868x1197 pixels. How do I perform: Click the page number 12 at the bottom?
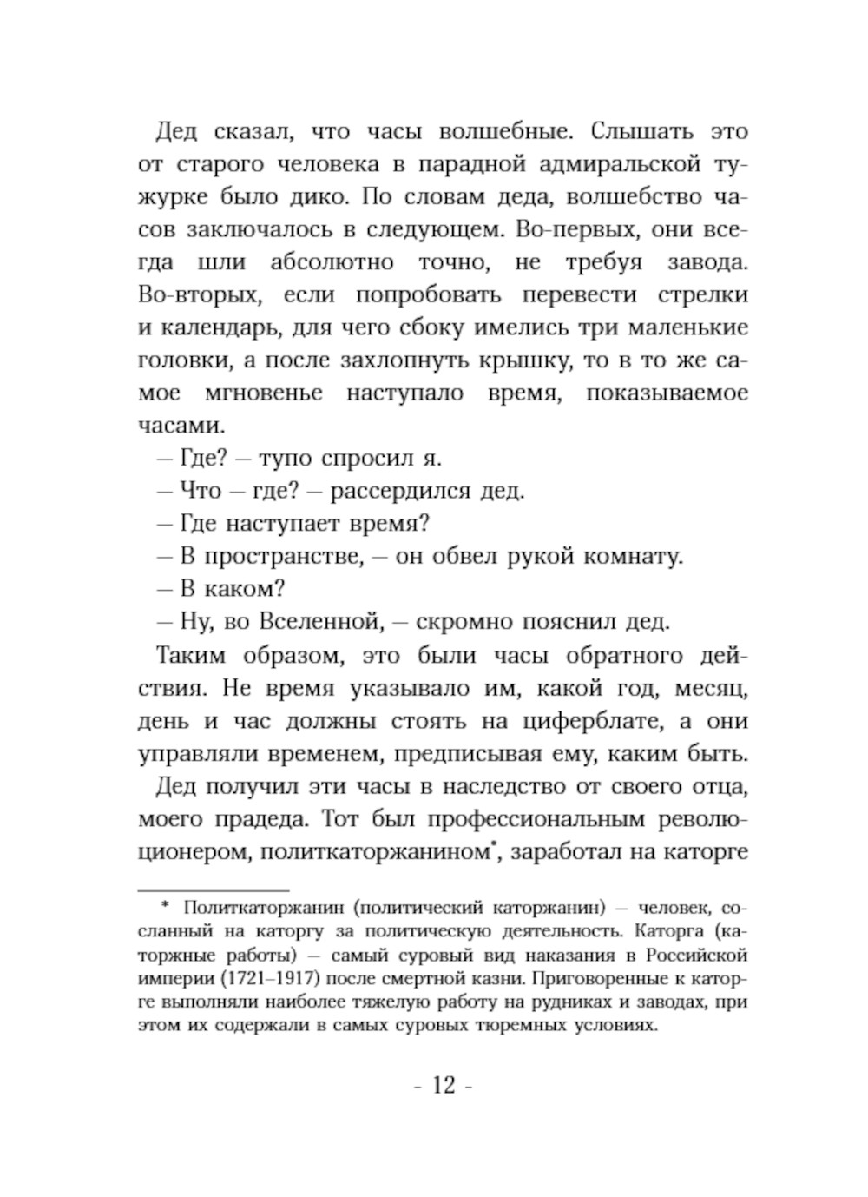443,1085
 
